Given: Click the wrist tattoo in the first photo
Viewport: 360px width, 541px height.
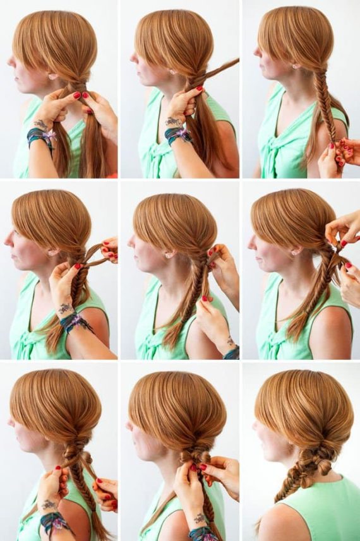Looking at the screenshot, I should (41, 124).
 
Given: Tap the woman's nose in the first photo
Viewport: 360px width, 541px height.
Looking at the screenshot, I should (10, 61).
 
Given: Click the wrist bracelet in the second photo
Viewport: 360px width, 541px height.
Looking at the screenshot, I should (177, 134).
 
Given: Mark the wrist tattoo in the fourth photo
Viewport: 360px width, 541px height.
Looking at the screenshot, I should (65, 309).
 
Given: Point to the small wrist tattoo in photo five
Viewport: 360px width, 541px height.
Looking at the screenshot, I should (230, 341).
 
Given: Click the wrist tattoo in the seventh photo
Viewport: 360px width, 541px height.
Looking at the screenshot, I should (48, 504).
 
